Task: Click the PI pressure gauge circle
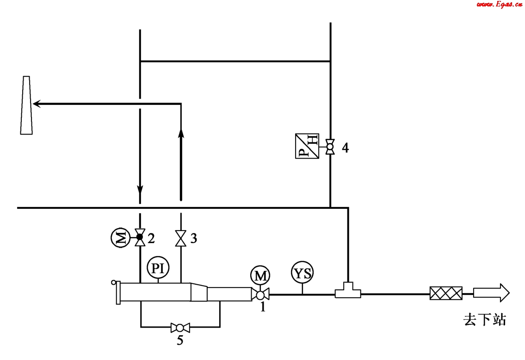tap(158, 268)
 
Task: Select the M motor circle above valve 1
tap(260, 276)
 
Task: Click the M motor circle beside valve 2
tap(120, 238)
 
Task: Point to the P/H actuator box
tap(307, 146)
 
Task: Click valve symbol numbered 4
tap(330, 147)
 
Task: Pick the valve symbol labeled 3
tap(180, 238)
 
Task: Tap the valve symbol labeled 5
tap(180, 328)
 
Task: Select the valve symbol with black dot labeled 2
tap(140, 238)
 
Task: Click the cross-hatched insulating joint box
tap(446, 293)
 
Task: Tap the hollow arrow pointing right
tap(491, 293)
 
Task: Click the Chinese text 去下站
tap(484, 320)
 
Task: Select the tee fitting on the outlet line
tap(348, 291)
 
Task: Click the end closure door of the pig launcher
tap(118, 293)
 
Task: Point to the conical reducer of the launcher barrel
tap(199, 293)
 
